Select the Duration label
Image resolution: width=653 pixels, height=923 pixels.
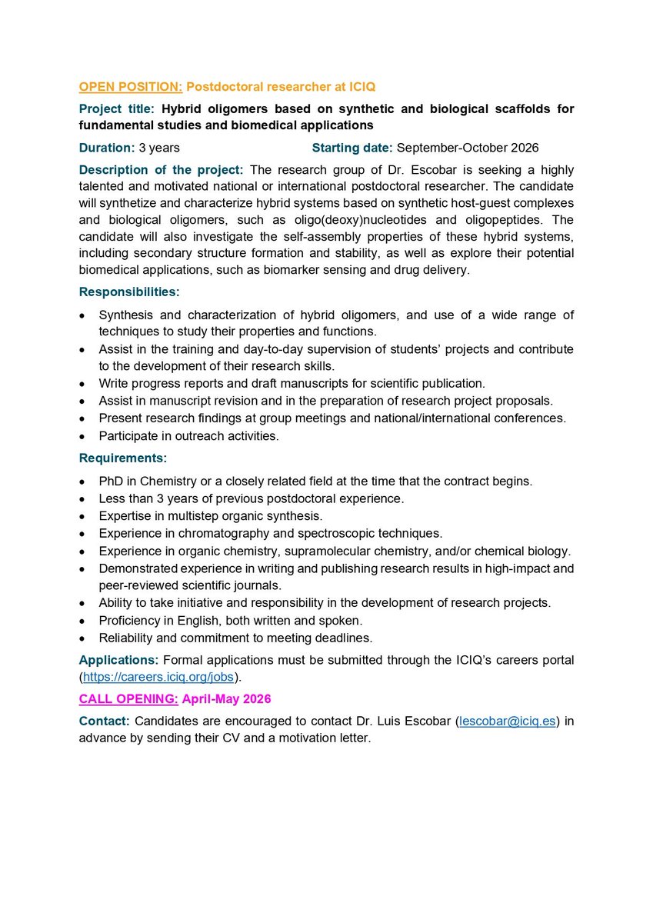[107, 147]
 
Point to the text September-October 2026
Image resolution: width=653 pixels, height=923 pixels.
[468, 147]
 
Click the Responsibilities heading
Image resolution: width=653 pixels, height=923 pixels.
[129, 292]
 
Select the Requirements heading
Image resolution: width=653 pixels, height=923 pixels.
[122, 458]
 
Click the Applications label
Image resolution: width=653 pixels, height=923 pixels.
[115, 661]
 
